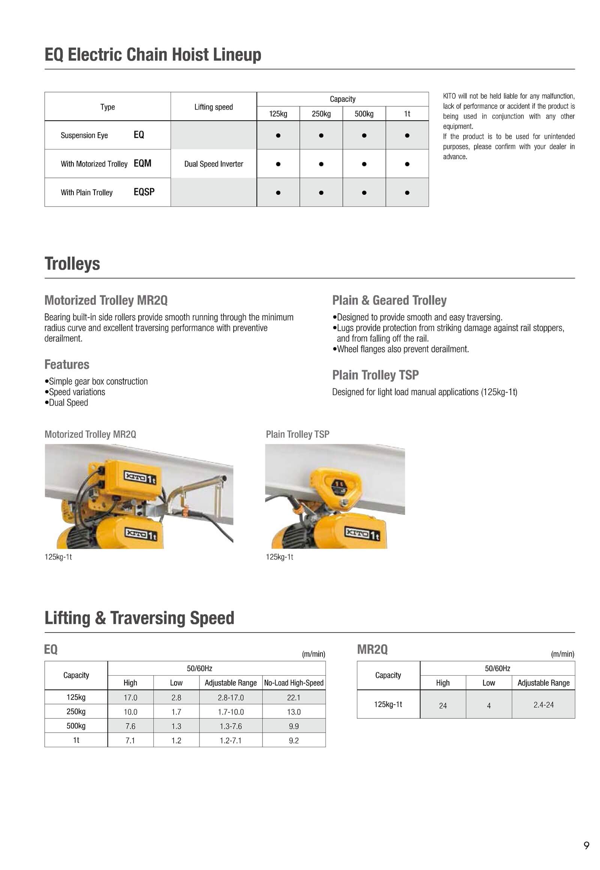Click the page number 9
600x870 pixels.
(586, 845)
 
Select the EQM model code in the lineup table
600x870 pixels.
(142, 163)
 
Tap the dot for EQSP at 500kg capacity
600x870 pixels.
(364, 193)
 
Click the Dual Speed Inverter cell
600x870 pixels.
(213, 164)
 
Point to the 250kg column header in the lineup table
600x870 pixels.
(321, 114)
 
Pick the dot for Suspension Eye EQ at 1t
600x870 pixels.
(407, 135)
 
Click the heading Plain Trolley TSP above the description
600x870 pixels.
(375, 375)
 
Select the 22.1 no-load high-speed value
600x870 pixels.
(294, 697)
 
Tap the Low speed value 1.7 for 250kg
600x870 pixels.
(176, 712)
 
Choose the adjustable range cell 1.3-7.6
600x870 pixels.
(231, 726)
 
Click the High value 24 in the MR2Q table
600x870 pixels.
(443, 706)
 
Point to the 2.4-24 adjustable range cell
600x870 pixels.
(543, 705)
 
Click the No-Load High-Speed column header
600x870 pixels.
(294, 683)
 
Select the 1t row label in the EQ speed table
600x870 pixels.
(76, 740)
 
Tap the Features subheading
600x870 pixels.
(67, 364)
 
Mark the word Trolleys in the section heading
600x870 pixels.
(72, 263)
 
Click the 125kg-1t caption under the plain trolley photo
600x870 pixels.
(279, 557)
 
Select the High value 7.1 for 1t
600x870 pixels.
(130, 740)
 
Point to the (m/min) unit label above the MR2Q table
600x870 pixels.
(562, 654)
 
